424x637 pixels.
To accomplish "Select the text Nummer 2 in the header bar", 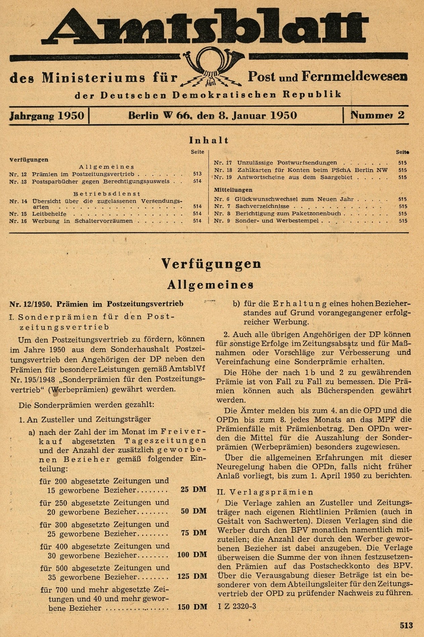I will tap(377, 116).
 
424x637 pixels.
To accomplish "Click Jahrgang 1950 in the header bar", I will tap(47, 116).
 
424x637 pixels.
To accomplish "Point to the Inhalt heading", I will tap(208, 140).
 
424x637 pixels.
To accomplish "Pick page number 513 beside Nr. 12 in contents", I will tap(197, 174).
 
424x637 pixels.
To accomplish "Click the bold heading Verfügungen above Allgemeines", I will tap(211, 264).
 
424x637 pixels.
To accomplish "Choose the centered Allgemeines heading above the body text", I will tap(210, 285).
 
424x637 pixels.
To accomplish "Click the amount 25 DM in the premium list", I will tap(193, 489).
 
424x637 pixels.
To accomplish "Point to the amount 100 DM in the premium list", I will tap(192, 555).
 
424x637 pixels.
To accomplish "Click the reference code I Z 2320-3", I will tap(237, 606).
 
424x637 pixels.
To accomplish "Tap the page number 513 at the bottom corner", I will tap(406, 626).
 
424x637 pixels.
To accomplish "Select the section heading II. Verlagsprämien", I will tap(265, 492).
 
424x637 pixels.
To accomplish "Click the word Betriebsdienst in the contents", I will tap(107, 194).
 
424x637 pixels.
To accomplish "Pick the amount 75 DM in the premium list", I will tap(193, 533).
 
